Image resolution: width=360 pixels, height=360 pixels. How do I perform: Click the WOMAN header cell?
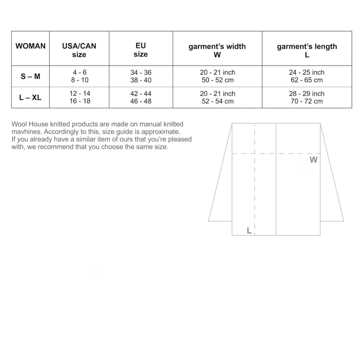click(x=31, y=46)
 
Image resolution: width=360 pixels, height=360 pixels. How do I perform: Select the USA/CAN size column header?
click(x=79, y=50)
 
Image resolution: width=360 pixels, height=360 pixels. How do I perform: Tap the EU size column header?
click(x=141, y=50)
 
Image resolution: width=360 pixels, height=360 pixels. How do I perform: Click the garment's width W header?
click(x=217, y=50)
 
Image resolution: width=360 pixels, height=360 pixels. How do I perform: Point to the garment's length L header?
click(x=307, y=50)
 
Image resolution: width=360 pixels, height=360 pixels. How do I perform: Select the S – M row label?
click(x=31, y=76)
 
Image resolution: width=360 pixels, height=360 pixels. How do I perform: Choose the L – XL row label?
click(x=31, y=98)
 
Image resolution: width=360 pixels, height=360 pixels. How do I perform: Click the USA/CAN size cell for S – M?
click(x=79, y=76)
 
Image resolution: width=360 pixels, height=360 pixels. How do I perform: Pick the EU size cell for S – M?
click(x=141, y=76)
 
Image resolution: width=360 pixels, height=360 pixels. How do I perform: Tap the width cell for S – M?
click(x=217, y=76)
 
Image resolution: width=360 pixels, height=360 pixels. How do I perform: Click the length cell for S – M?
click(x=307, y=76)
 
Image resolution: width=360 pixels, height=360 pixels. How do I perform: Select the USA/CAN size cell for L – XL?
click(x=80, y=97)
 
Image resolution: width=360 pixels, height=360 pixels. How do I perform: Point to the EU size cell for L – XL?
click(x=141, y=97)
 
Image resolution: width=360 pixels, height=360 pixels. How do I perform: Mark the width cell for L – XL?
click(x=217, y=97)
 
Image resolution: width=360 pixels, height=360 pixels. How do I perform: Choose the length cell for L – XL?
click(x=307, y=97)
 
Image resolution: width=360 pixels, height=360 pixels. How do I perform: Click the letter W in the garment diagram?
click(x=314, y=160)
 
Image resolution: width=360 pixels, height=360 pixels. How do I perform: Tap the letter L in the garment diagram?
click(x=249, y=230)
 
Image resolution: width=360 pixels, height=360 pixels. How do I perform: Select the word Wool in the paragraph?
click(x=19, y=124)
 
